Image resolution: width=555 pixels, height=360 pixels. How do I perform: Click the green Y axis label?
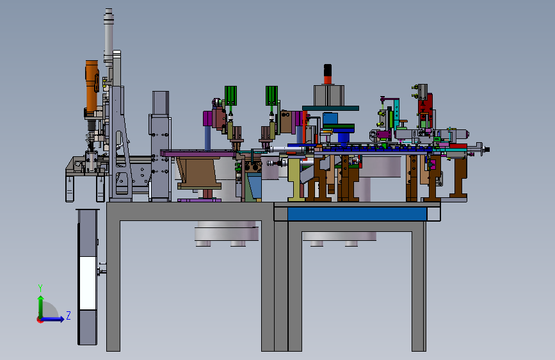(40, 288)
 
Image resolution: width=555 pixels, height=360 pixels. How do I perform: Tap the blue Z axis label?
(68, 315)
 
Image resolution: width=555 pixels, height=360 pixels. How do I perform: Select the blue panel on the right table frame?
(357, 214)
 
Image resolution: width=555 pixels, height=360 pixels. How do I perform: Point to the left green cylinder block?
(230, 95)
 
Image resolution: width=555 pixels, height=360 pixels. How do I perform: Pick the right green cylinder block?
(271, 95)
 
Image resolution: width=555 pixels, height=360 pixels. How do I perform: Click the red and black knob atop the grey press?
(328, 74)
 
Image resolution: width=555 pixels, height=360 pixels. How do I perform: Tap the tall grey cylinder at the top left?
(109, 35)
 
